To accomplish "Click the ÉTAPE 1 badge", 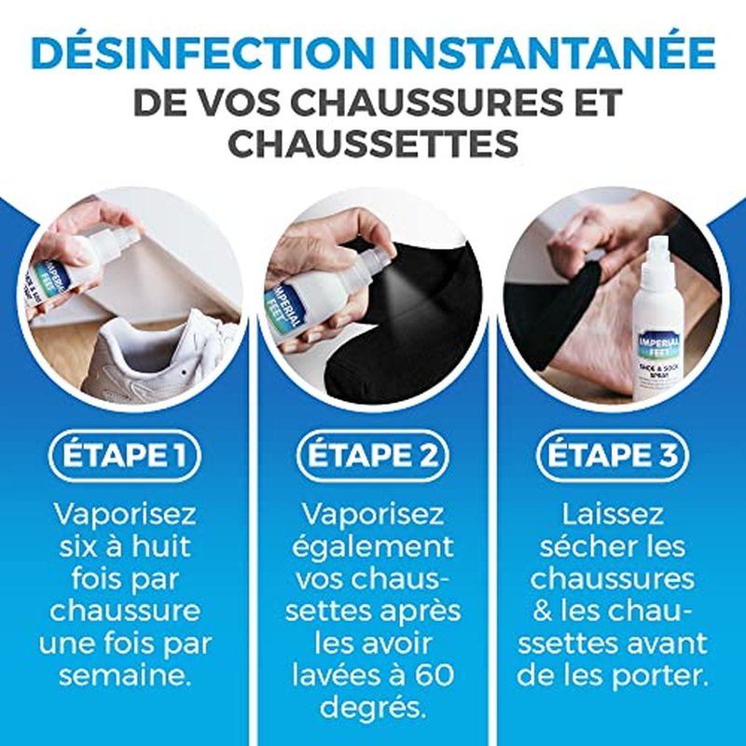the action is (x=125, y=455).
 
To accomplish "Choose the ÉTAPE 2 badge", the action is (x=372, y=455).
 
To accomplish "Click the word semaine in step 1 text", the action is (x=125, y=675).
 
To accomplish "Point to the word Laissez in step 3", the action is (x=613, y=514).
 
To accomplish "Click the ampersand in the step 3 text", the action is (x=543, y=612).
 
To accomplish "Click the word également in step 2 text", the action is (x=372, y=548).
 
